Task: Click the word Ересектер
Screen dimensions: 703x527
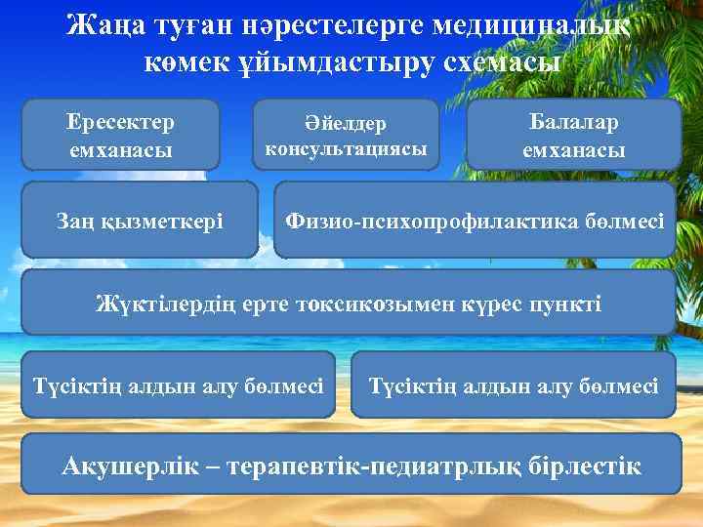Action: point(120,123)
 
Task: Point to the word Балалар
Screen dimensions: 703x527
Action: point(574,123)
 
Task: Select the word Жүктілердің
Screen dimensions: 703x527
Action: point(155,304)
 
